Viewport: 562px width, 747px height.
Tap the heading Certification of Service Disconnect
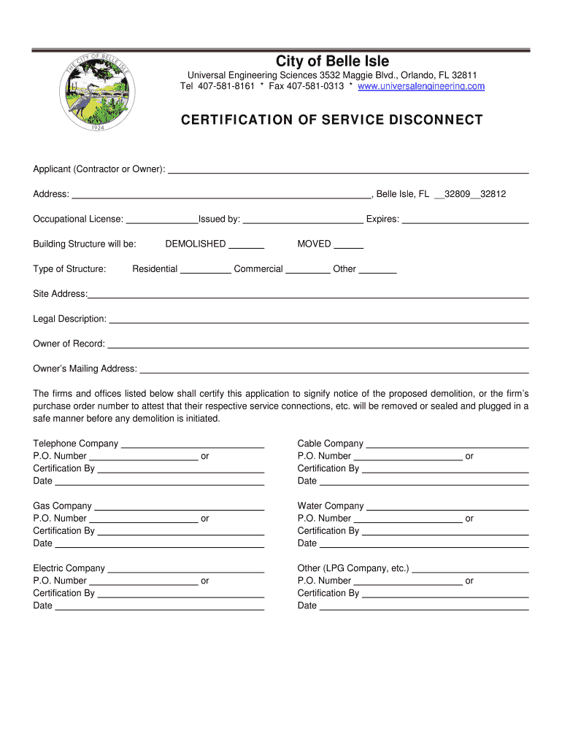click(332, 120)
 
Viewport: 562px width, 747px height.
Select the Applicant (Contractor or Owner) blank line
click(348, 171)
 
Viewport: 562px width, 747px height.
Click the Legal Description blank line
click(318, 321)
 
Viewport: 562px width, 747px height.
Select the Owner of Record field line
click(317, 346)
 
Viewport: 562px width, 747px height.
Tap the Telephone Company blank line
click(192, 446)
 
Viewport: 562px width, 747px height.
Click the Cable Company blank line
click(447, 446)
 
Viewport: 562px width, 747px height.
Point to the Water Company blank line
click(447, 508)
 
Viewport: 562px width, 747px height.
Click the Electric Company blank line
click(185, 570)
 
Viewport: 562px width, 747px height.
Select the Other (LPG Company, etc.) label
click(353, 568)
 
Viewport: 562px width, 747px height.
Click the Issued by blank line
click(303, 221)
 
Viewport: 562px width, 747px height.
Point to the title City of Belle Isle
click(332, 61)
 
